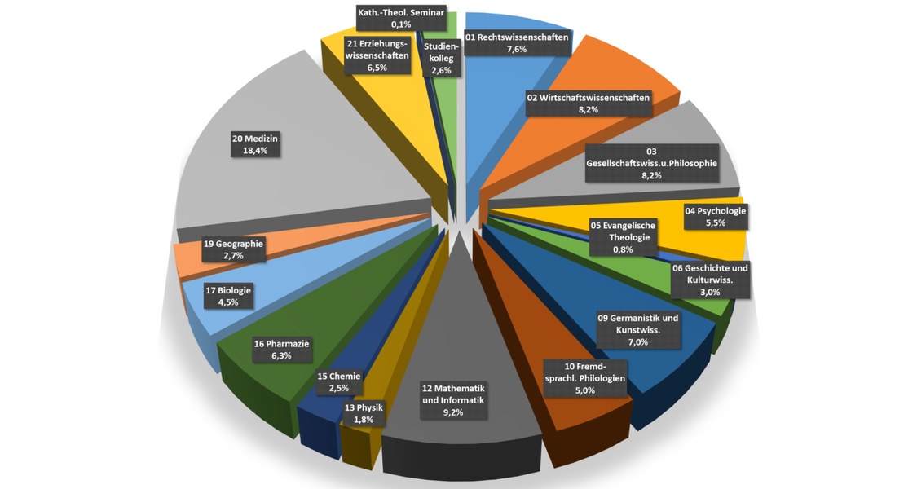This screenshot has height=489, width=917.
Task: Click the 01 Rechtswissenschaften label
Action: (x=517, y=43)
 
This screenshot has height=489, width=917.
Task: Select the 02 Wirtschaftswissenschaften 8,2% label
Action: (x=589, y=104)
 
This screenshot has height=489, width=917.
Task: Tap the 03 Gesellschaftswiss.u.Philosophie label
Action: (x=651, y=163)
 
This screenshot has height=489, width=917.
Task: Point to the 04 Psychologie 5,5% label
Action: (x=715, y=217)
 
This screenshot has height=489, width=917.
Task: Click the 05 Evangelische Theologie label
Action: (x=623, y=237)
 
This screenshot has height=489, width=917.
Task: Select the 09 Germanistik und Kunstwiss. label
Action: (x=638, y=330)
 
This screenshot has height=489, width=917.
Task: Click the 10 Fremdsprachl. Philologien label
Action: (x=584, y=378)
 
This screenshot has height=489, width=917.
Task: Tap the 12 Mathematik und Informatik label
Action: (x=453, y=400)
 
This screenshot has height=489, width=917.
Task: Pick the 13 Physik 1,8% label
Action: (x=364, y=413)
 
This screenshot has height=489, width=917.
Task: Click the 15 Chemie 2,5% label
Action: (x=338, y=382)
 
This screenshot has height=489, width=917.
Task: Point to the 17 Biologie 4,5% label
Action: (x=230, y=296)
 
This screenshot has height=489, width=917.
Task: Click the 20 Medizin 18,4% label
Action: (x=255, y=145)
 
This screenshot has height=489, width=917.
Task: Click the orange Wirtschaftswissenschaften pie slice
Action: (x=619, y=73)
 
